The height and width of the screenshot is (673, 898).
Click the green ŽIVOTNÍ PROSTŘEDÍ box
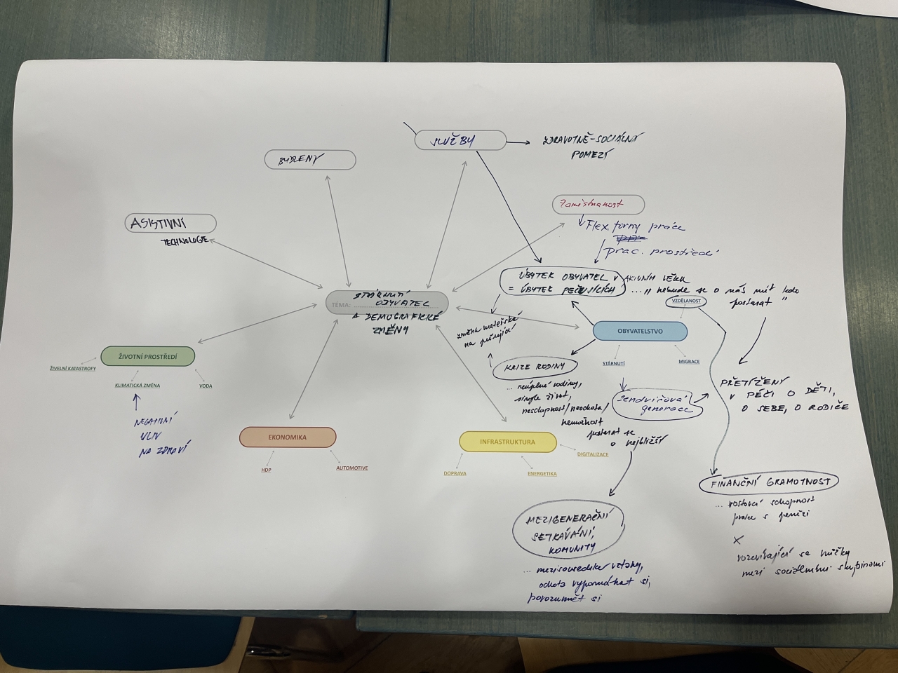[x=148, y=357]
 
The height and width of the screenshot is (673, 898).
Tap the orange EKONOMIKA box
[x=288, y=437]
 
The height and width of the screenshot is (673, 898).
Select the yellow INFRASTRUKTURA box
[x=507, y=442]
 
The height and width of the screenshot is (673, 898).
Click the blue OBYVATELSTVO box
[x=640, y=331]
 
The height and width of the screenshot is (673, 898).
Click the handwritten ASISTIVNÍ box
[x=170, y=224]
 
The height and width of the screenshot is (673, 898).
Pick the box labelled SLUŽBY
[x=460, y=141]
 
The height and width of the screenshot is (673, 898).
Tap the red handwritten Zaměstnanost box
[x=598, y=204]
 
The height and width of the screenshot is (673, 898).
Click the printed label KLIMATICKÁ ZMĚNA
[x=138, y=386]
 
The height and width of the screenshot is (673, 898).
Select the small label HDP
[x=266, y=470]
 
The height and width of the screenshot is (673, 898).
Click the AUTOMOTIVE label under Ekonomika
[x=351, y=468]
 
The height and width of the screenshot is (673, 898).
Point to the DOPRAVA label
[x=455, y=474]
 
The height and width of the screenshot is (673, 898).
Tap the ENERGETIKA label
[x=542, y=474]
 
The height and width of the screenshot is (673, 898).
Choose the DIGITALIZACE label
[x=593, y=455]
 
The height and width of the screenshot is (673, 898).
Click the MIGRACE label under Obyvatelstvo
[x=688, y=362]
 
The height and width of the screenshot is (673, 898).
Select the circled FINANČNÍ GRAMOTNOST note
[x=770, y=482]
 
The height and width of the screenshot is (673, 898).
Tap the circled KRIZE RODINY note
[x=536, y=367]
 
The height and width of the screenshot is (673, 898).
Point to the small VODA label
[x=206, y=386]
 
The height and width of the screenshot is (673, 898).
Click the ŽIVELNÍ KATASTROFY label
[x=73, y=369]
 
